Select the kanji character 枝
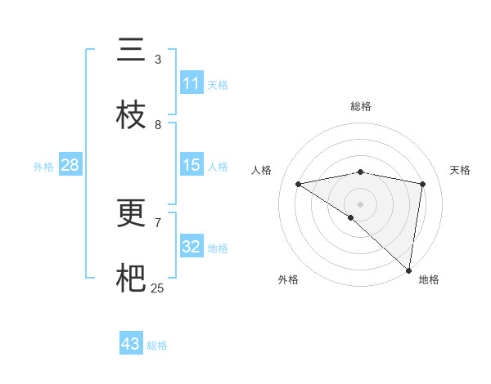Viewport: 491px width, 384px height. [x=131, y=116]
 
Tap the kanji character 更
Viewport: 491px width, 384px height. [x=131, y=214]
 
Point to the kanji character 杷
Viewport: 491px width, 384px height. [x=131, y=279]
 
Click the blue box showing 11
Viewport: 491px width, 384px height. [x=191, y=83]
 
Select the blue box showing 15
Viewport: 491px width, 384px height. [x=191, y=165]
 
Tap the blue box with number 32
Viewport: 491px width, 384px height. [x=191, y=247]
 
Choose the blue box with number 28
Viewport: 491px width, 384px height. [x=70, y=165]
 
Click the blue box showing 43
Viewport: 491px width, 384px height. [x=131, y=344]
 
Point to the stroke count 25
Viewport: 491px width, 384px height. [x=157, y=288]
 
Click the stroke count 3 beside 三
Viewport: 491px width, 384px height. [x=158, y=60]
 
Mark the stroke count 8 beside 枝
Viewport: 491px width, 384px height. [x=158, y=125]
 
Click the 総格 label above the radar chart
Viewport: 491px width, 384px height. [x=360, y=107]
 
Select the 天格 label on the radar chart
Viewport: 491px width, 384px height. [x=460, y=170]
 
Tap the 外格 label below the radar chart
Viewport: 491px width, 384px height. [x=288, y=279]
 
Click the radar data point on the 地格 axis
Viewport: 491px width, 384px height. [x=408, y=270]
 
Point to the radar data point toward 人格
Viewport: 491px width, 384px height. [x=298, y=184]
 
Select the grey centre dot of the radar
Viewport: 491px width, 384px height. [x=360, y=203]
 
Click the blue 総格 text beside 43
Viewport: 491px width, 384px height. [x=157, y=346]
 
